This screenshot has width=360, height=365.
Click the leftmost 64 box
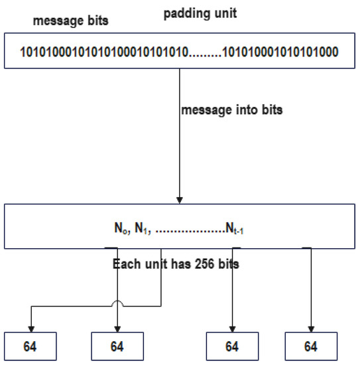pos(31,346)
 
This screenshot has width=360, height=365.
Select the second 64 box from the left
pos(117,346)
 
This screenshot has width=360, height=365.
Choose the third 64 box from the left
pos(232,346)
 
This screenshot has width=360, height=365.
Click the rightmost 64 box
pos(310,346)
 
